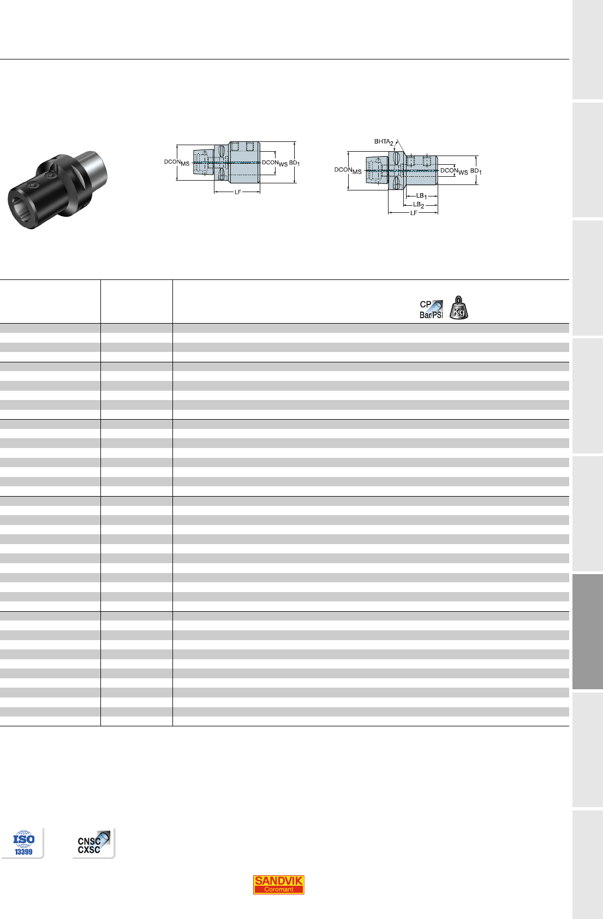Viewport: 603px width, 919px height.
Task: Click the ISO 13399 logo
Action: tap(23, 843)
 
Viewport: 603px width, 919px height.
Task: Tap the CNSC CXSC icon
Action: tap(93, 843)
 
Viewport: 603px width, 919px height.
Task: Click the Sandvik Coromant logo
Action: tap(278, 885)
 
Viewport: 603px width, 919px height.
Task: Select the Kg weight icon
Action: tap(458, 308)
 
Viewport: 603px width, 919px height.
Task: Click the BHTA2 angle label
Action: tap(384, 142)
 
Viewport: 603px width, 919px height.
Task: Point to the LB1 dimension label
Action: tap(422, 196)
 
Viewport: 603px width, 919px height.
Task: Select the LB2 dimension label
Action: tap(419, 205)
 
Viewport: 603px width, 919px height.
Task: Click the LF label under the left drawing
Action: tap(237, 192)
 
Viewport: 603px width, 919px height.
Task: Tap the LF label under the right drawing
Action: tap(414, 213)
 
